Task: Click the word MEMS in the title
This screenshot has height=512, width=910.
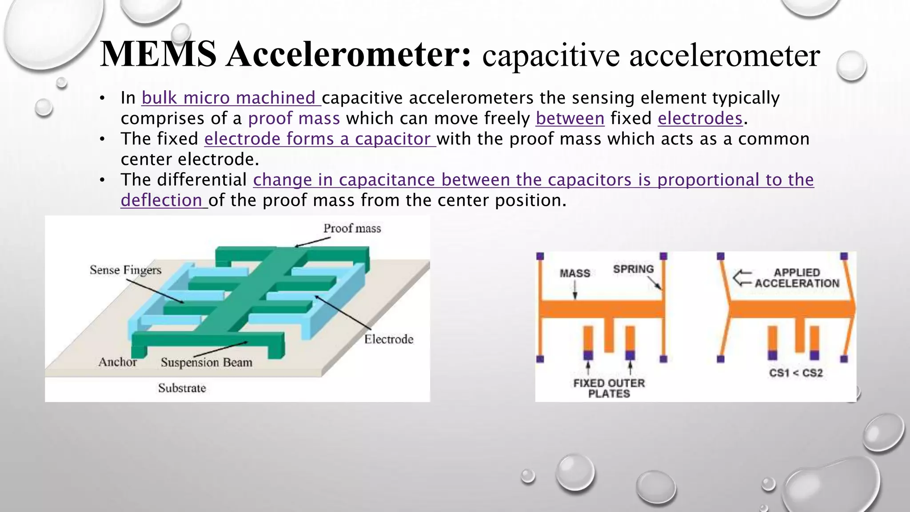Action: click(x=158, y=54)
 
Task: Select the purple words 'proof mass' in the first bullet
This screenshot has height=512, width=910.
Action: click(x=294, y=118)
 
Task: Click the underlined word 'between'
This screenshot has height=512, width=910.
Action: click(x=570, y=118)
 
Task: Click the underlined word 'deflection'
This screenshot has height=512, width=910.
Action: click(x=161, y=200)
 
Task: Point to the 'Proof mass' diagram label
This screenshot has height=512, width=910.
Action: click(x=352, y=228)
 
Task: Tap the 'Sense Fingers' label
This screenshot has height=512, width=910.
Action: click(x=125, y=270)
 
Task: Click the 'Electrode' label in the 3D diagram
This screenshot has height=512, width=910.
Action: click(x=389, y=340)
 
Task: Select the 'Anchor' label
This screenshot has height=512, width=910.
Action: click(x=117, y=362)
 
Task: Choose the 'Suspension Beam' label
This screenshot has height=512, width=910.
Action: click(x=207, y=362)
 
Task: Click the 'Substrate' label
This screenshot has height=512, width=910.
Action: click(x=182, y=388)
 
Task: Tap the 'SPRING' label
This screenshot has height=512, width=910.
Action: click(x=633, y=269)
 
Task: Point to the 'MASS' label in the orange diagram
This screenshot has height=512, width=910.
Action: click(x=575, y=273)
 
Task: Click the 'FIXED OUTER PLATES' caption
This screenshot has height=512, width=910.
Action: click(x=609, y=388)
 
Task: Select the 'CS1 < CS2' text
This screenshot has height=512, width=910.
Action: click(x=796, y=373)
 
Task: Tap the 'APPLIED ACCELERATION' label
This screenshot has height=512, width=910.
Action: click(x=797, y=278)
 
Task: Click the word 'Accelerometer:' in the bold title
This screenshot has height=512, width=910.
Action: click(x=348, y=54)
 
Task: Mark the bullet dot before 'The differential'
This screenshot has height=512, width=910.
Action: click(x=102, y=180)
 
